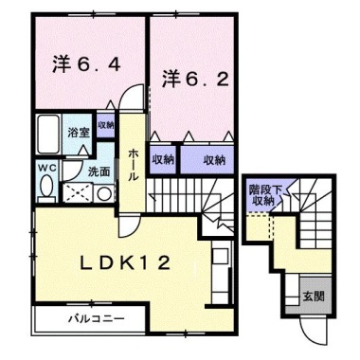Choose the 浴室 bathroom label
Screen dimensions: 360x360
[78, 134]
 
